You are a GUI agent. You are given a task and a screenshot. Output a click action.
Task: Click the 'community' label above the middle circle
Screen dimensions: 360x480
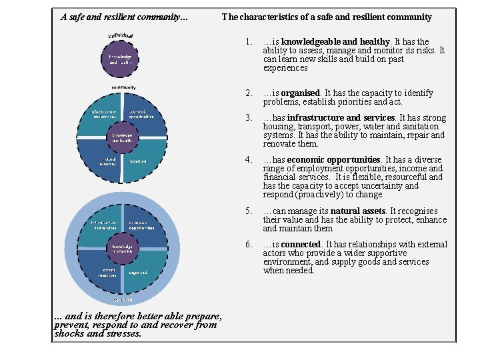point(123,87)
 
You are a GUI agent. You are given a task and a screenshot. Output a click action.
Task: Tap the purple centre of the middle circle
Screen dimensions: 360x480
point(122,137)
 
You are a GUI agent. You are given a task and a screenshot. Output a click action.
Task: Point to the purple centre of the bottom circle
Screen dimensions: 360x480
point(122,248)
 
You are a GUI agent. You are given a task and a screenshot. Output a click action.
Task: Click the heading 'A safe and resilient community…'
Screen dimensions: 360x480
point(125,17)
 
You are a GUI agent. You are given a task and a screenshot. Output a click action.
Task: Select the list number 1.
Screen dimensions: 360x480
point(248,42)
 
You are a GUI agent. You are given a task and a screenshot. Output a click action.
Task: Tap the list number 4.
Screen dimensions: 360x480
point(248,160)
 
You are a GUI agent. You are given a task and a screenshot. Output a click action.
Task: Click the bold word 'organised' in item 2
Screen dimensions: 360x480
point(300,93)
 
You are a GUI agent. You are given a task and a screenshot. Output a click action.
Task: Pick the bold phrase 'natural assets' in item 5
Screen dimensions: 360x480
point(358,211)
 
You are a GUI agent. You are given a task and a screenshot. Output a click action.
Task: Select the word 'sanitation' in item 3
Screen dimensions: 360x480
point(419,127)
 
